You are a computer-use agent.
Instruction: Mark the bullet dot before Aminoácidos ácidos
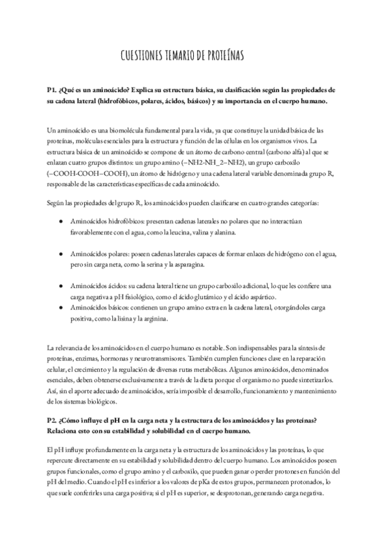[x=61, y=285]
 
